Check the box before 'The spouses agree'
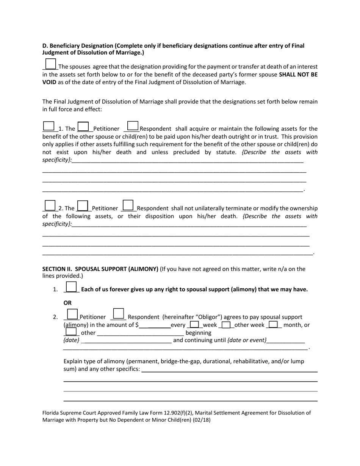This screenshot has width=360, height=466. (50, 64)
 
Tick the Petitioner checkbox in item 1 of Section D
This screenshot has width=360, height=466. (83, 127)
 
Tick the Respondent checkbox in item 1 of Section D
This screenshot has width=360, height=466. (133, 126)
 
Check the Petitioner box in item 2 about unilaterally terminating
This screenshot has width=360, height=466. (83, 206)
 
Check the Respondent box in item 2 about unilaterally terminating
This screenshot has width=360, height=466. (128, 205)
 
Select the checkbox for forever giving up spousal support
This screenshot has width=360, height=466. (71, 287)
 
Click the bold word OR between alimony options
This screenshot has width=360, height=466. (67, 303)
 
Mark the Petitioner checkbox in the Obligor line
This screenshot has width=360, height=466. (72, 314)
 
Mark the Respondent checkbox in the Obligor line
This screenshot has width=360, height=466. (119, 314)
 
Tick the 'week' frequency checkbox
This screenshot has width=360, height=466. (194, 325)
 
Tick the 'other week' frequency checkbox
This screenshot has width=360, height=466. (226, 325)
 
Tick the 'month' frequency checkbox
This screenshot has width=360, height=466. (274, 325)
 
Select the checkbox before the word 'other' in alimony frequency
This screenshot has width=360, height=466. (71, 332)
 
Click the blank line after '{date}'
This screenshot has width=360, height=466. (126, 341)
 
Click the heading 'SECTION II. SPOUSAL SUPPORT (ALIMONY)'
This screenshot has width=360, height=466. (100, 269)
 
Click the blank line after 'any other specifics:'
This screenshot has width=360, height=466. (229, 369)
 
